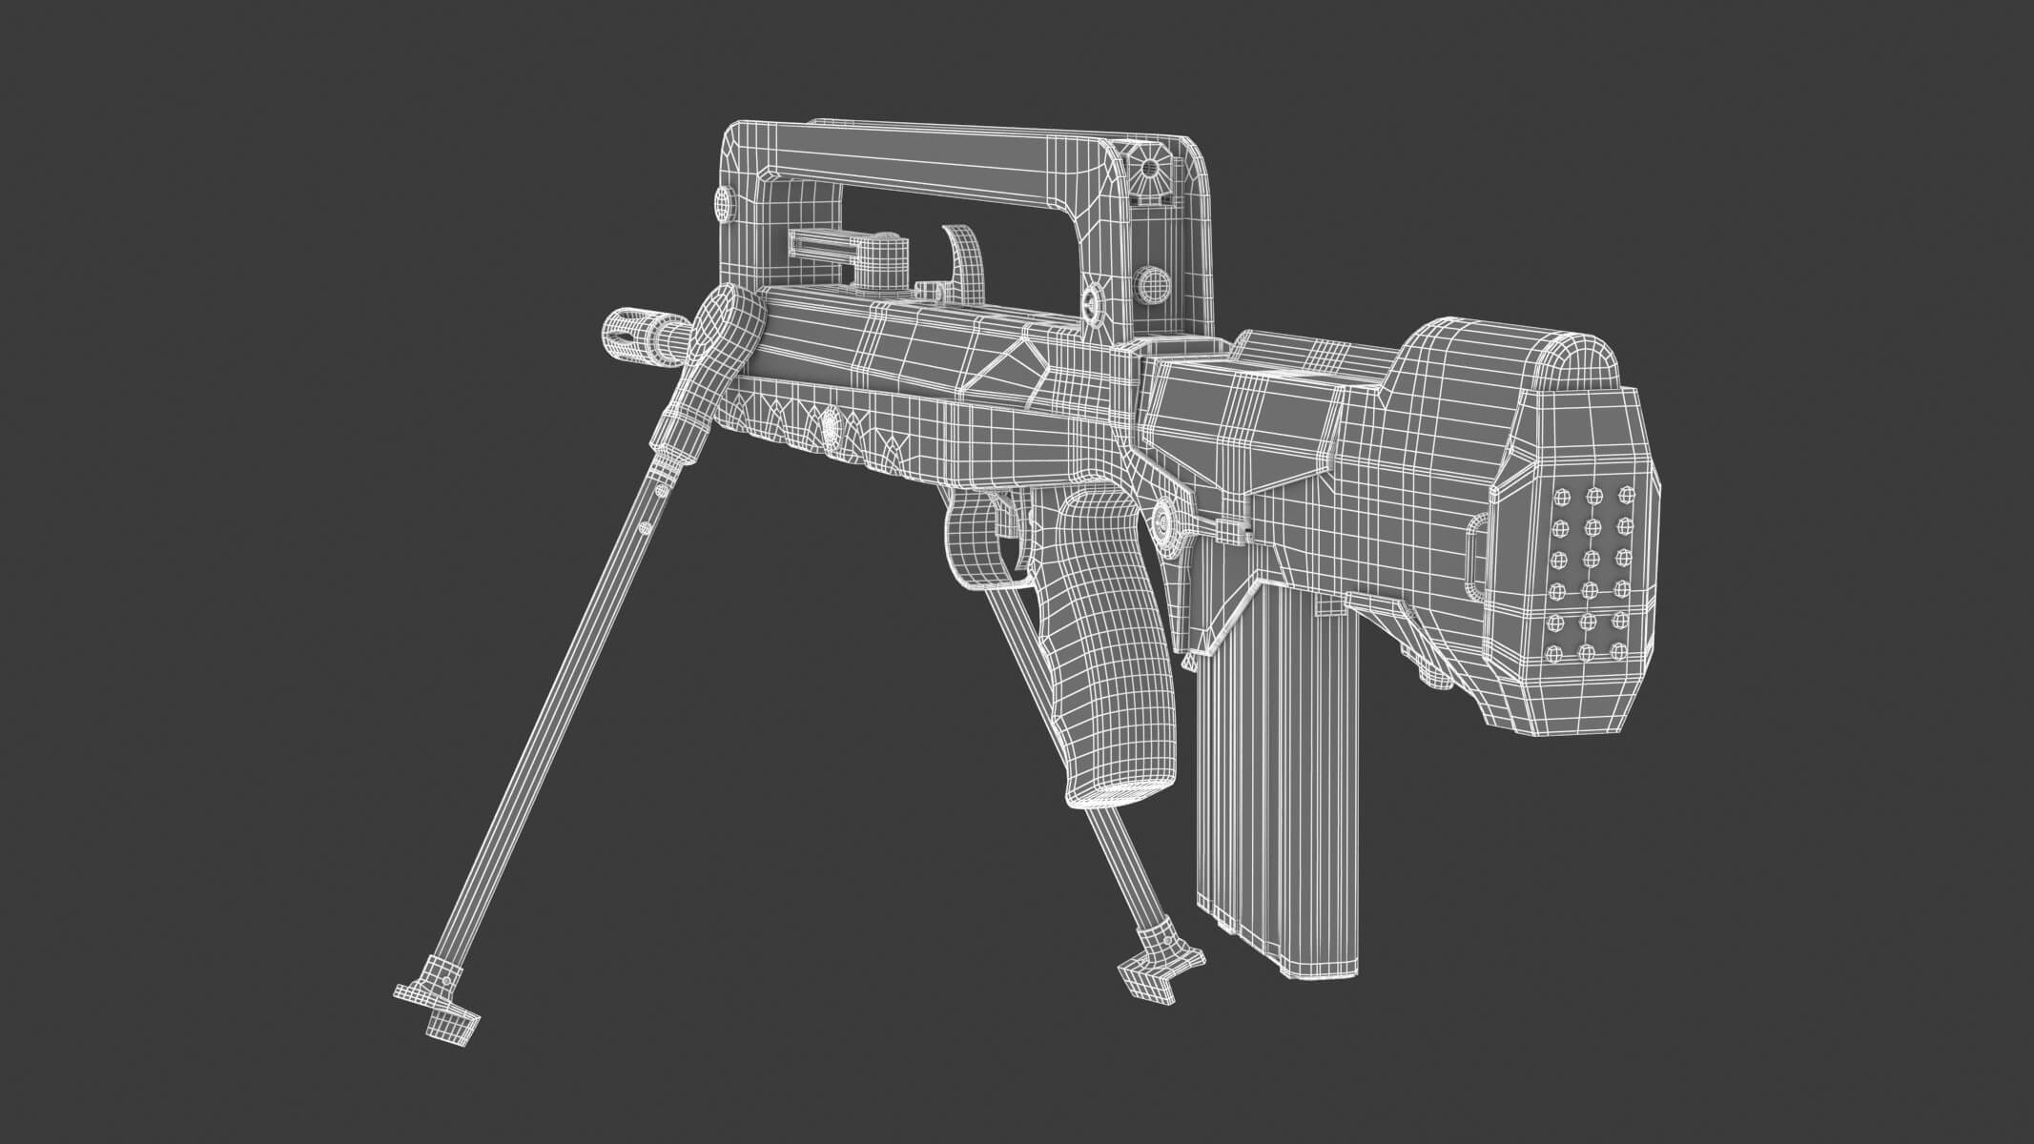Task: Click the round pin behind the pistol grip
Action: pyautogui.click(x=1165, y=519)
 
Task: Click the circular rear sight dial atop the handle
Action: pyautogui.click(x=1151, y=171)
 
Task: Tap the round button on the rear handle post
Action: pyautogui.click(x=1153, y=283)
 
